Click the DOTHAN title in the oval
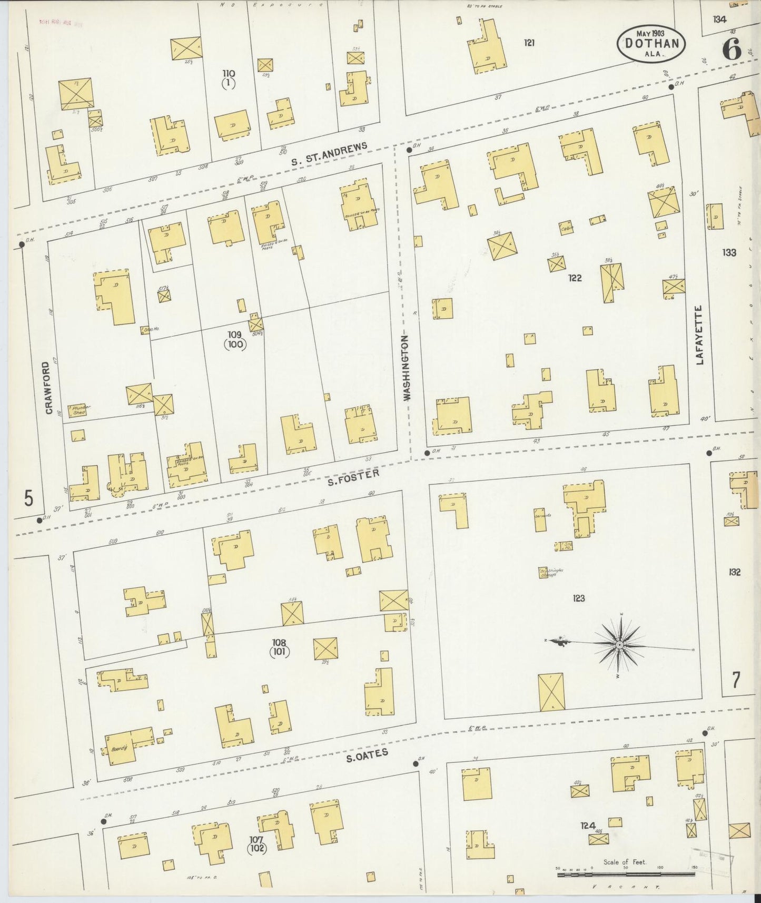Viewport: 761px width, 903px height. click(651, 43)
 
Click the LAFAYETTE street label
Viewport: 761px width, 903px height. click(699, 335)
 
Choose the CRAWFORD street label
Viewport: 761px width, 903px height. click(48, 387)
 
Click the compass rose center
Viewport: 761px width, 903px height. click(620, 645)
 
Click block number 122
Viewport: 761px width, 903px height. click(575, 278)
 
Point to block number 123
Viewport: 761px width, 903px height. click(578, 598)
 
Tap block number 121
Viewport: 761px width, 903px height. click(529, 43)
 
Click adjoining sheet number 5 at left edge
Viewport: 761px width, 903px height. click(28, 497)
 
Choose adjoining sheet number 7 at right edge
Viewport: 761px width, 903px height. click(735, 680)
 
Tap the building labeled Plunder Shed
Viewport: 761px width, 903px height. click(79, 410)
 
